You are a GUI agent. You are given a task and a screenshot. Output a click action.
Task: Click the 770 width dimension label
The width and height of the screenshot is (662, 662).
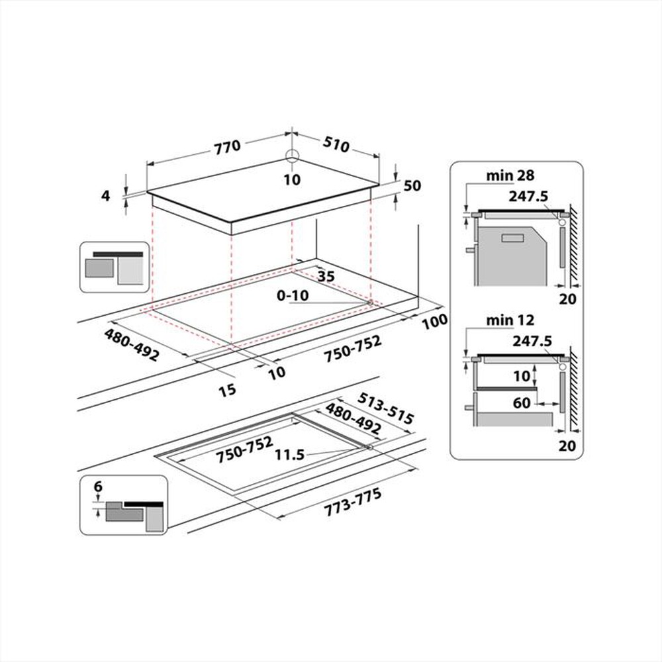(227, 147)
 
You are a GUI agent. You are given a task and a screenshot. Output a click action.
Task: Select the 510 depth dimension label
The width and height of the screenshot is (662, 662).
(336, 144)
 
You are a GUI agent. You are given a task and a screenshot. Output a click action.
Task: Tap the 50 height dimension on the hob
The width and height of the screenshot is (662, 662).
(412, 185)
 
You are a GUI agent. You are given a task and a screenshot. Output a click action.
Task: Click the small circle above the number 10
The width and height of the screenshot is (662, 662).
(292, 156)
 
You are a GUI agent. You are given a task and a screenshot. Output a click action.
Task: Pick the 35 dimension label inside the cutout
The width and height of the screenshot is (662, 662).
(325, 276)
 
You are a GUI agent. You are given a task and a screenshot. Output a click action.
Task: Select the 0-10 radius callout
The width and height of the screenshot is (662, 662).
(292, 296)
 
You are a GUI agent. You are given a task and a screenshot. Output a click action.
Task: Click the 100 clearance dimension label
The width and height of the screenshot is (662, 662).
(434, 322)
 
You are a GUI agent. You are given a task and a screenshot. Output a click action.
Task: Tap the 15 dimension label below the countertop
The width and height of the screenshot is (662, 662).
(227, 390)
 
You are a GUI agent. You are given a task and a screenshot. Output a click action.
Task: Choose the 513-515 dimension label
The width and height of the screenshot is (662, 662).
(385, 408)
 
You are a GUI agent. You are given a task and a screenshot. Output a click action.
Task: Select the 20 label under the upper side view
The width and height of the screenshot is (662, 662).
(567, 299)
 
